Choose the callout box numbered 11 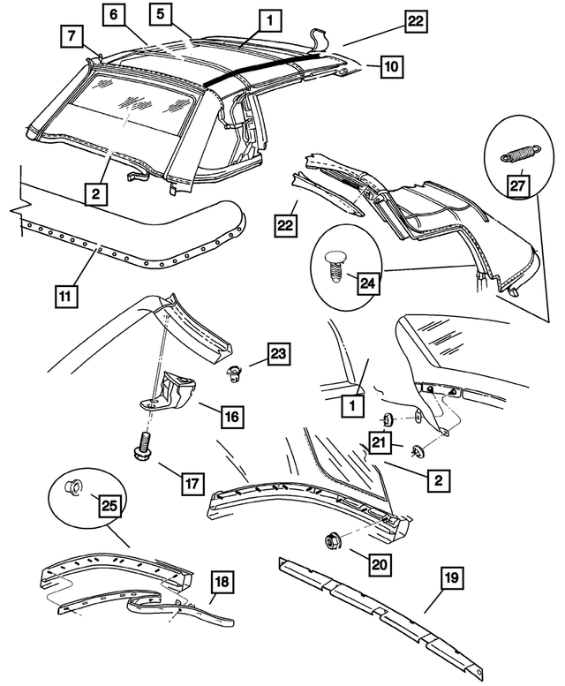[x=63, y=297]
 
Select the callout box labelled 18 [x=222, y=581]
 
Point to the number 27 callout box [x=516, y=186]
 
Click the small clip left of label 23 [x=234, y=372]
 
